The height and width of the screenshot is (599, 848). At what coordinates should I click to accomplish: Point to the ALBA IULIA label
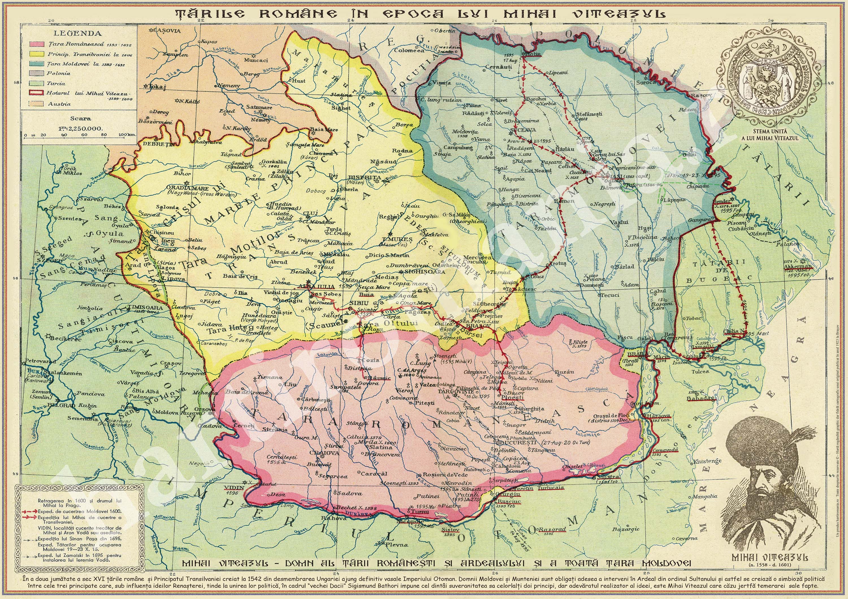click(x=311, y=286)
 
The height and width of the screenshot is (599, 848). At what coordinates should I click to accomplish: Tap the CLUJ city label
click(x=308, y=213)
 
